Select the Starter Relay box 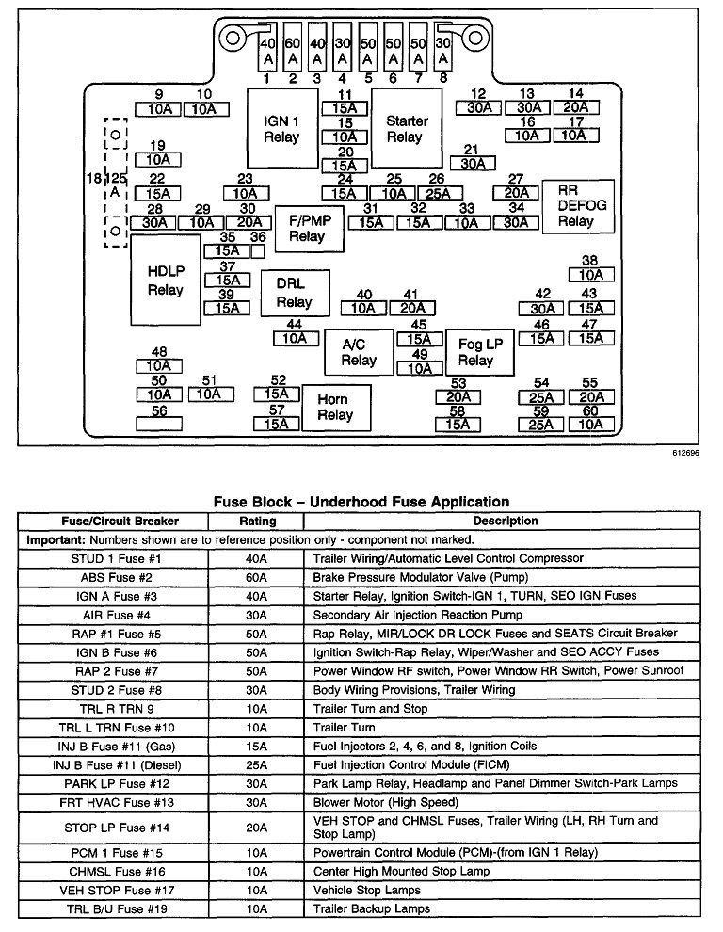click(x=406, y=129)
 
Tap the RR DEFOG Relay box click(x=577, y=205)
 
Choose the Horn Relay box click(x=334, y=406)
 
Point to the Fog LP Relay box click(x=475, y=352)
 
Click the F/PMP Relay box click(x=308, y=228)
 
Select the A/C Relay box click(x=358, y=352)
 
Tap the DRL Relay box click(x=295, y=293)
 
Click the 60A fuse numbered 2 click(x=292, y=51)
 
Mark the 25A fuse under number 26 click(x=437, y=193)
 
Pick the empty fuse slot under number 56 click(x=159, y=424)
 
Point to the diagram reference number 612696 click(x=685, y=452)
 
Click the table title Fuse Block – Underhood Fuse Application click(x=361, y=502)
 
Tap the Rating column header click(x=257, y=521)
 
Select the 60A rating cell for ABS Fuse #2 click(x=257, y=577)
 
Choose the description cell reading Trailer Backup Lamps click(x=372, y=908)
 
